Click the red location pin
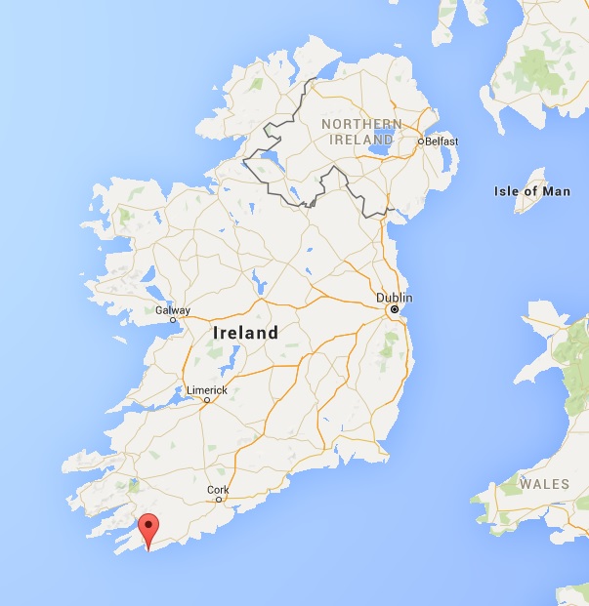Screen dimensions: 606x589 [147, 529]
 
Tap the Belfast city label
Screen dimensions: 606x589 [442, 141]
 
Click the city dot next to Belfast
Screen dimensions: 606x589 [421, 142]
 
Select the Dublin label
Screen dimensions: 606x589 [395, 297]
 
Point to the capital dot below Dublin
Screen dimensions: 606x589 [394, 309]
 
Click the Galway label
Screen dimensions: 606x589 [172, 310]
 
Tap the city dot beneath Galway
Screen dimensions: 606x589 [173, 319]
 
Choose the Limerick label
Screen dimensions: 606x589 [206, 390]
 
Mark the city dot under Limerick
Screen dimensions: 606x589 [202, 400]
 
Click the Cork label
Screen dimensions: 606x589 [219, 490]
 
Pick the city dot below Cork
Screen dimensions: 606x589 [219, 500]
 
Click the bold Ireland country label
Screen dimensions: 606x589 [245, 333]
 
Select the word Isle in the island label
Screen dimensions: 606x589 [507, 191]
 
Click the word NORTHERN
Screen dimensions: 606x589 [360, 124]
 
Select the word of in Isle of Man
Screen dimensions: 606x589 [531, 191]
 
